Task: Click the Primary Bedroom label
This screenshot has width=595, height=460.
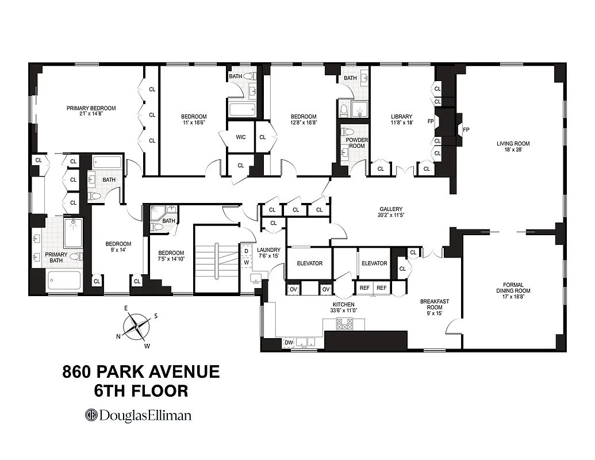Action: (91, 108)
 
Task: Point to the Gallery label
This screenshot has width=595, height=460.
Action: (390, 209)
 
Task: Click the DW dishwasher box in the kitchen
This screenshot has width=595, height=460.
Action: (289, 343)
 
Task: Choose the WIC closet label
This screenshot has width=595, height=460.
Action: (241, 137)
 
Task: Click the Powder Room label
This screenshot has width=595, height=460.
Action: (356, 143)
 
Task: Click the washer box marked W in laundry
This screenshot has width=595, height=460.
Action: (247, 263)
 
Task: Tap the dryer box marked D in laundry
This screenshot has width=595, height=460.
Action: (247, 251)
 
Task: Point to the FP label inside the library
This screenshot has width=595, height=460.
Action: (430, 122)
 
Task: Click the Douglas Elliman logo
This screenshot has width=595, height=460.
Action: (138, 415)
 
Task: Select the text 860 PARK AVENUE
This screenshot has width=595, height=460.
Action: (141, 371)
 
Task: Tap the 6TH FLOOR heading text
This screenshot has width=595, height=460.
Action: (141, 391)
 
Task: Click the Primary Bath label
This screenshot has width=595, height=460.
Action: (56, 258)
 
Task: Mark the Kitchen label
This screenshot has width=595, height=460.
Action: (343, 304)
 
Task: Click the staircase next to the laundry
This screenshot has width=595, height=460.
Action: (216, 259)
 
